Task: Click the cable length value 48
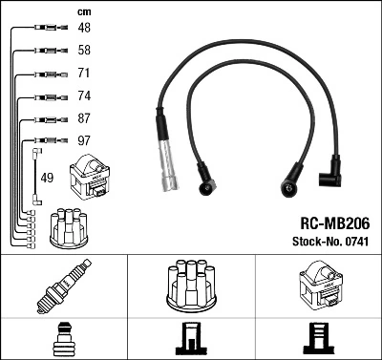[84, 30]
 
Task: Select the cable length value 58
[84, 52]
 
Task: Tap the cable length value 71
[84, 74]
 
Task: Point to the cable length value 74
[84, 96]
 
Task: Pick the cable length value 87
[84, 118]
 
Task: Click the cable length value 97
[84, 141]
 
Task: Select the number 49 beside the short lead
[48, 177]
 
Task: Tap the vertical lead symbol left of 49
[35, 176]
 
